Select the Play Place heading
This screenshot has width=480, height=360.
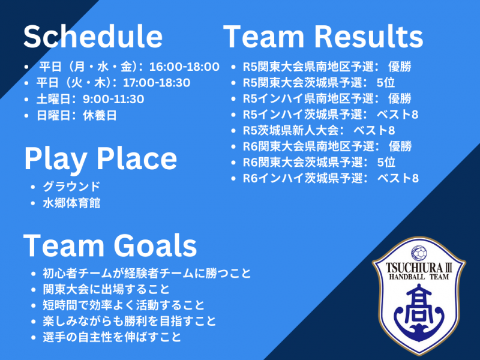pyautogui.click(x=100, y=158)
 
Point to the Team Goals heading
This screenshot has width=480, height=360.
pyautogui.click(x=110, y=245)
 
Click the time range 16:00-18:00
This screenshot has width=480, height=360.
pyautogui.click(x=184, y=67)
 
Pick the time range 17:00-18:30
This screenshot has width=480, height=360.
pyautogui.click(x=157, y=83)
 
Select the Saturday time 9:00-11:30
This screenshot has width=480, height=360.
pyautogui.click(x=113, y=99)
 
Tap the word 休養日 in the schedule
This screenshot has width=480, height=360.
pyautogui.click(x=100, y=115)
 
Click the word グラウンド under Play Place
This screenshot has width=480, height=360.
pyautogui.click(x=71, y=187)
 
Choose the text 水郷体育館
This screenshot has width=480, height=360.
pyautogui.click(x=71, y=203)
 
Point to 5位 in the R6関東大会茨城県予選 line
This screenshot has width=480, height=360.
pyautogui.click(x=386, y=162)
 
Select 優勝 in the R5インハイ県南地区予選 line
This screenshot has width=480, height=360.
pyautogui.click(x=400, y=98)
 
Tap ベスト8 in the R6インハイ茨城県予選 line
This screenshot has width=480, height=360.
pyautogui.click(x=398, y=178)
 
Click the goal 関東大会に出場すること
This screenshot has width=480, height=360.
pyautogui.click(x=106, y=289)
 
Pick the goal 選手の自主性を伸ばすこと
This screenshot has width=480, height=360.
pyautogui.click(x=112, y=337)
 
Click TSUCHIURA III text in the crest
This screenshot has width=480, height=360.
pyautogui.click(x=418, y=268)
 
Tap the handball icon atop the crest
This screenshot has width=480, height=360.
pyautogui.click(x=419, y=253)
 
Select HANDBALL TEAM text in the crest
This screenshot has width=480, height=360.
pyautogui.click(x=419, y=277)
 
